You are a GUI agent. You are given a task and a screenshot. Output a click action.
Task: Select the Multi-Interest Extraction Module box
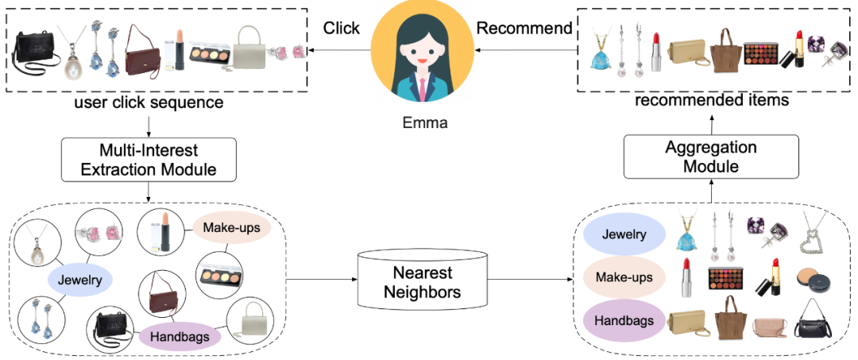click(x=149, y=160)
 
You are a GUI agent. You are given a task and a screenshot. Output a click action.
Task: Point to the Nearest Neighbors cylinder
click(x=423, y=282)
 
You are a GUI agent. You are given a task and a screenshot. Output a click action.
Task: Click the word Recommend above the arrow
click(x=524, y=28)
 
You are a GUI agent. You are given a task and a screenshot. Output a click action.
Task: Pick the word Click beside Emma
click(x=341, y=28)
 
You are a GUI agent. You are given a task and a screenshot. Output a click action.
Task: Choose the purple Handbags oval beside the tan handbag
click(x=624, y=321)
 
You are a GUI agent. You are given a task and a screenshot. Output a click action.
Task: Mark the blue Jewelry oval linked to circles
click(x=79, y=279)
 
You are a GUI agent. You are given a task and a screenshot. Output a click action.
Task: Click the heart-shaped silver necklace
click(x=818, y=231)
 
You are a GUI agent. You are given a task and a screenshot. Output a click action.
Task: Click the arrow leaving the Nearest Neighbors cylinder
click(x=528, y=279)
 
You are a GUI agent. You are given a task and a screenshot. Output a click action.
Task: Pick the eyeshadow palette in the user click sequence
click(x=209, y=53)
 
